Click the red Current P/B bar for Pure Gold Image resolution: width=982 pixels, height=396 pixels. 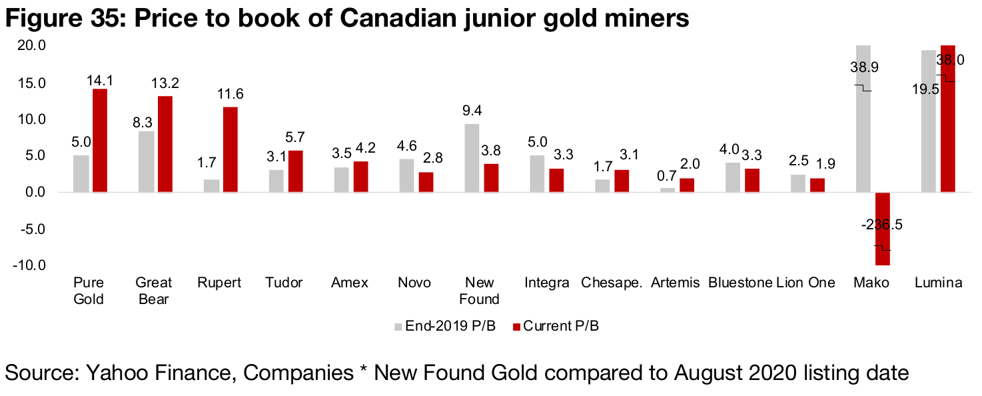[x=100, y=141]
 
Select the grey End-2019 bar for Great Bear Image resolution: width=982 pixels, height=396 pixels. [x=145, y=161]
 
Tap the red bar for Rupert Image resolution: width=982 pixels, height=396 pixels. [x=230, y=149]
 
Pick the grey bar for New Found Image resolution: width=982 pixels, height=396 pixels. [x=471, y=158]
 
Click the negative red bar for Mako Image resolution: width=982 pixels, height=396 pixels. [x=883, y=229]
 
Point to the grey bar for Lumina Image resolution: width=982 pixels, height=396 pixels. [x=928, y=121]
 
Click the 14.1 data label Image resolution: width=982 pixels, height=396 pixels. [x=100, y=80]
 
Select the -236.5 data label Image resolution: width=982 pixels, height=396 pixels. [x=882, y=225]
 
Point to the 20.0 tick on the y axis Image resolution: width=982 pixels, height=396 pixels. [x=32, y=46]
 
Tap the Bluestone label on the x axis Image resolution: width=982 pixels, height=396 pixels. [x=740, y=283]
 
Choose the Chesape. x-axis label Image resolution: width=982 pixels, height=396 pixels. [x=612, y=283]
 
